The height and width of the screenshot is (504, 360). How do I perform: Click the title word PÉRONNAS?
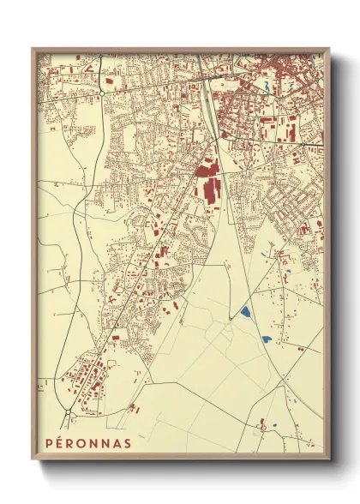click(88, 443)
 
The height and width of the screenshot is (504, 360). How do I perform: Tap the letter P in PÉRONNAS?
click(49, 443)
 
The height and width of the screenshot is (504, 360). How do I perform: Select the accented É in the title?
click(60, 443)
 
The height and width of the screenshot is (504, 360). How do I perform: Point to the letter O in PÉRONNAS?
click(83, 443)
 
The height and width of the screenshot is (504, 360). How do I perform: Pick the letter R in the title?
click(71, 443)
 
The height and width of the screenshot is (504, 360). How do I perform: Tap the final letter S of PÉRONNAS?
click(129, 443)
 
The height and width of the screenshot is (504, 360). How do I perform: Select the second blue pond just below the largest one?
click(267, 339)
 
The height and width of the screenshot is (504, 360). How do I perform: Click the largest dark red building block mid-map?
click(208, 183)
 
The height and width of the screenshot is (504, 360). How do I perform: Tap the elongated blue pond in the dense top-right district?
click(267, 86)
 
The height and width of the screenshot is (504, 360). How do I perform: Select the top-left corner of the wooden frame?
click(33, 49)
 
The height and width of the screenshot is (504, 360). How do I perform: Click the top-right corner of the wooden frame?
click(329, 49)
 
